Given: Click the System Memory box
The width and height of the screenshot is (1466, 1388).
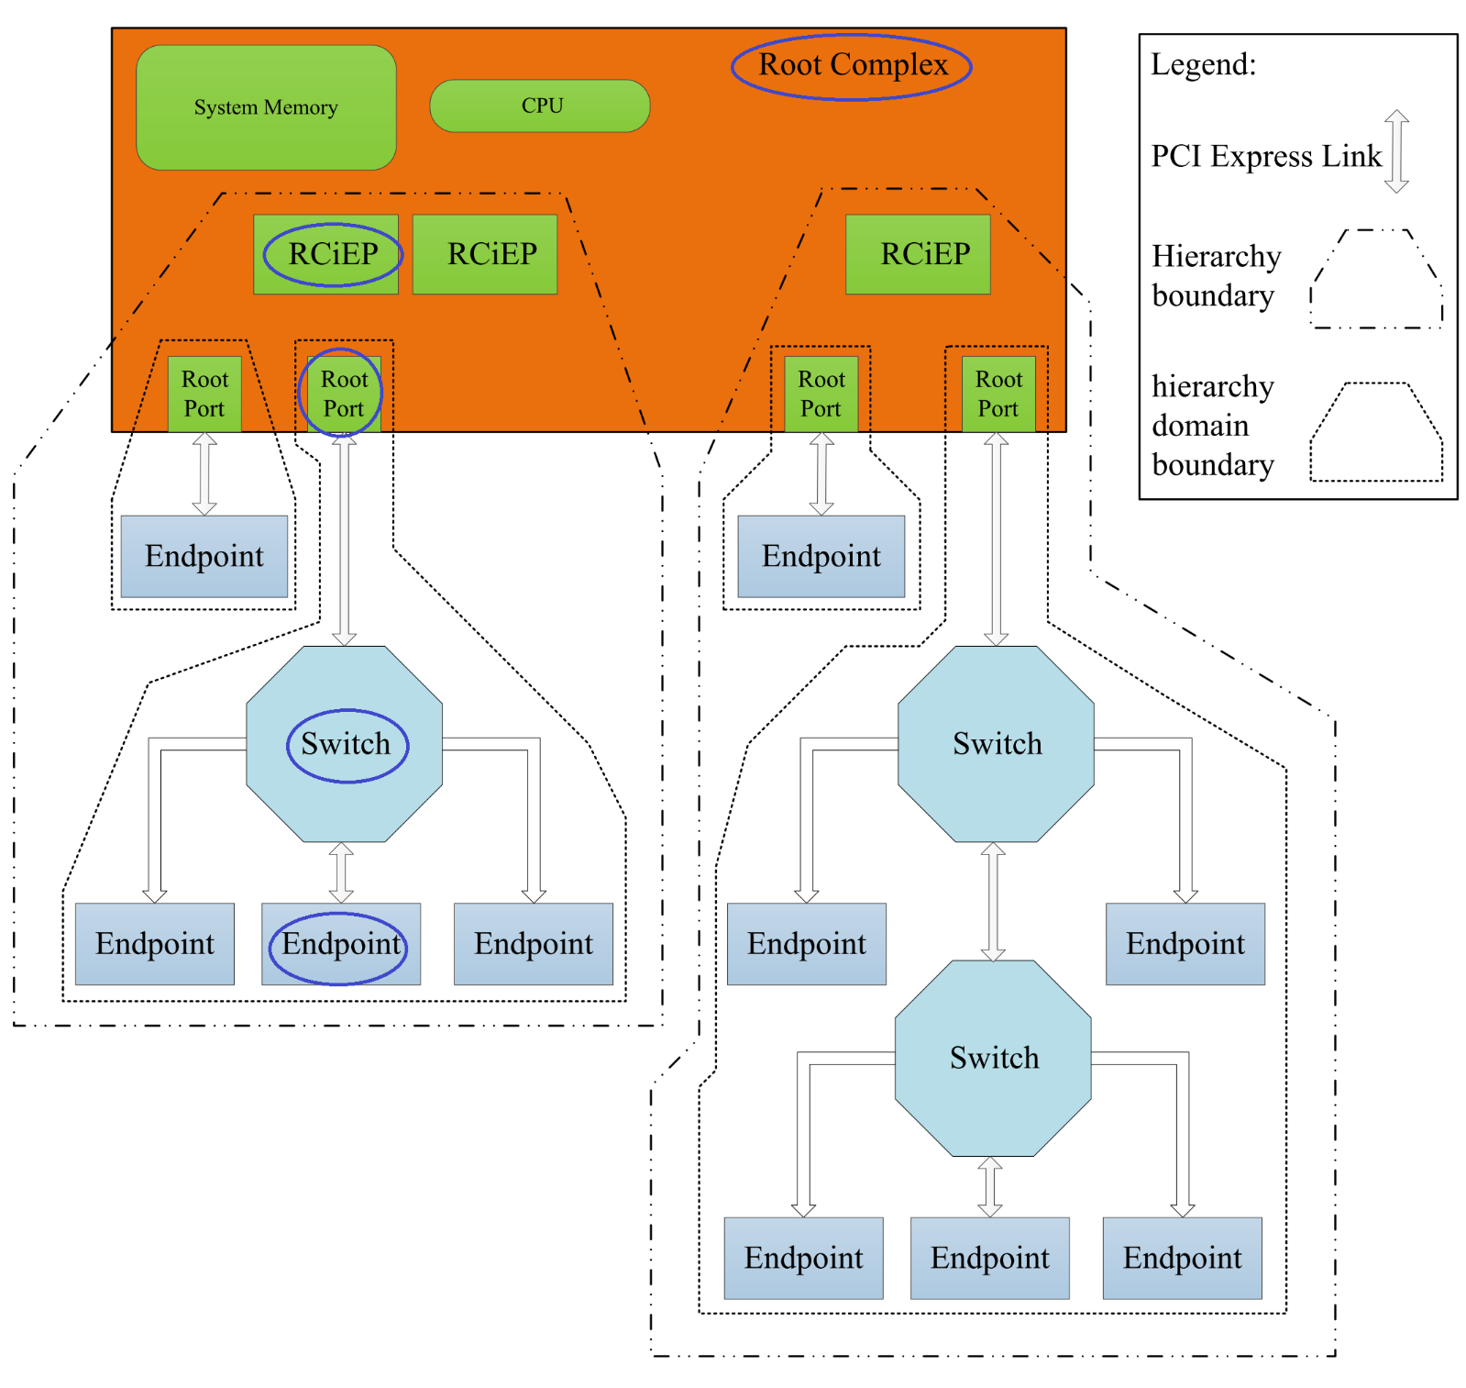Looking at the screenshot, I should point(266,107).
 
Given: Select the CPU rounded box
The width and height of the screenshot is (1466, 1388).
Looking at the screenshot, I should point(540,105).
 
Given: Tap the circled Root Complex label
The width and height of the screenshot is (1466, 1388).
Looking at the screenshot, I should point(852,66).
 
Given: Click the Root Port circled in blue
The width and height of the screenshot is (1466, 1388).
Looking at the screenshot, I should point(342,394).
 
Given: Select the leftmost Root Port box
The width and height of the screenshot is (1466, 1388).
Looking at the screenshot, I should point(204,394).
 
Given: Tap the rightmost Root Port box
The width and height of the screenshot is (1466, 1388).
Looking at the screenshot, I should point(998,394).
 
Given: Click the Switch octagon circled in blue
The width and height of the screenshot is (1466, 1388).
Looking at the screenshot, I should point(345,744).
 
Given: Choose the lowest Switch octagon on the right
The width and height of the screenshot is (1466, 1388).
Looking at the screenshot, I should point(993,1058).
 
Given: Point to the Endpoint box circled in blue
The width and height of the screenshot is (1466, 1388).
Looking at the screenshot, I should point(341,944).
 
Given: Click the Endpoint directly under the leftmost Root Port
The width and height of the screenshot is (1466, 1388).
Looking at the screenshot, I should point(204,556).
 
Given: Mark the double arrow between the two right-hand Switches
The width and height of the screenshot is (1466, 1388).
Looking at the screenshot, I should point(993,901).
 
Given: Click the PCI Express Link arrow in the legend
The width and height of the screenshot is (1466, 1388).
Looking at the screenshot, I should point(1396,151).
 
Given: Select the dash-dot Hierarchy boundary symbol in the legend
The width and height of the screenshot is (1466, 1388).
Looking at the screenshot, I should point(1376,279).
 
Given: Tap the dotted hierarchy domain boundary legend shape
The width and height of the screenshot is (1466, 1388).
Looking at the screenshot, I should point(1376,432).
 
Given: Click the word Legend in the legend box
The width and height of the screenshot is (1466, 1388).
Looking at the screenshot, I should point(1203,64).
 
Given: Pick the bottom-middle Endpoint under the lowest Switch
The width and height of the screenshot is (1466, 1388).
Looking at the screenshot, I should point(989,1258).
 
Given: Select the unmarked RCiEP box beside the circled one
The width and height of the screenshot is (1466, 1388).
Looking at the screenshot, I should point(485,254).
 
